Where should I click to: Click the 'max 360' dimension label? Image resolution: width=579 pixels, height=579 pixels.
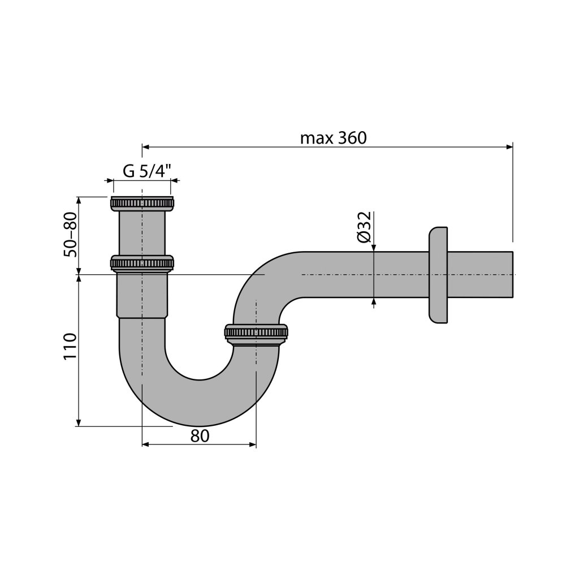pos(333,138)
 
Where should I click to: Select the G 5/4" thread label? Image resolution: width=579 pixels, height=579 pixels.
pos(147,171)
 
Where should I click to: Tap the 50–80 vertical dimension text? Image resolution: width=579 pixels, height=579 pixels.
pos(70,235)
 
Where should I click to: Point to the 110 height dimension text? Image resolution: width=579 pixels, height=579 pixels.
pos(70,346)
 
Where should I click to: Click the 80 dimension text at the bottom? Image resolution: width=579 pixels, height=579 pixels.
pos(200,436)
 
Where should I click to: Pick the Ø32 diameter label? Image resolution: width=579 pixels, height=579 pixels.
pos(364,227)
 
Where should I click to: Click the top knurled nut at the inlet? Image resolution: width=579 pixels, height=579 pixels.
pos(142,204)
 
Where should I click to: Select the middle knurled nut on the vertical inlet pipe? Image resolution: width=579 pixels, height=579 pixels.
pos(142,263)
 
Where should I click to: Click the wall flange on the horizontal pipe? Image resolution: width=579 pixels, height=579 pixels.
pos(438,275)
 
